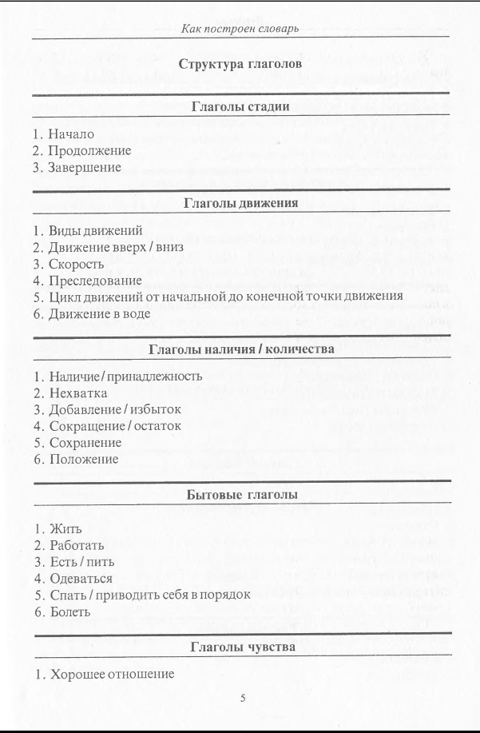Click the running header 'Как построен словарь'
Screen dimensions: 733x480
click(x=240, y=29)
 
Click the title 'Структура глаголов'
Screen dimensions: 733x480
click(x=240, y=64)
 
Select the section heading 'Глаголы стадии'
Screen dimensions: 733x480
click(x=240, y=106)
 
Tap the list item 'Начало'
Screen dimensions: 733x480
click(x=71, y=133)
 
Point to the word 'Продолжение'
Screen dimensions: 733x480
click(x=89, y=150)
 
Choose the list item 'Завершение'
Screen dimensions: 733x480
click(x=85, y=167)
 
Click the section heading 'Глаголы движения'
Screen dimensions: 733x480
click(x=240, y=203)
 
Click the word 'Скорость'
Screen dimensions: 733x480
click(x=77, y=264)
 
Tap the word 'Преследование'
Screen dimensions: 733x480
click(x=95, y=281)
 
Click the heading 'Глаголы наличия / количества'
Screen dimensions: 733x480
click(x=241, y=349)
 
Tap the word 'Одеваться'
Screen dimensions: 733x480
click(x=81, y=578)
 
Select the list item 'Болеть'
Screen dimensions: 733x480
click(x=70, y=611)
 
